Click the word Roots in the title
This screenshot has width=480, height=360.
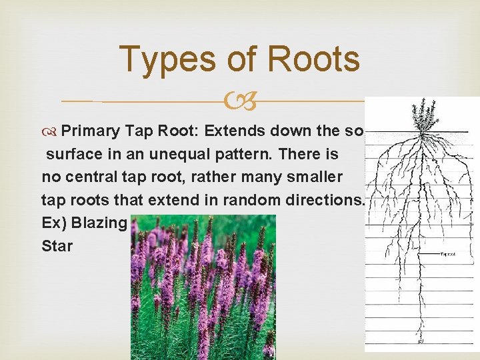pyautogui.click(x=311, y=59)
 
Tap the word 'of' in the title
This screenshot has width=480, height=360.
pyautogui.click(x=241, y=59)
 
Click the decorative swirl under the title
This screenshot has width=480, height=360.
pyautogui.click(x=240, y=101)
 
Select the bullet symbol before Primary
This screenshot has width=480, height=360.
pyautogui.click(x=51, y=131)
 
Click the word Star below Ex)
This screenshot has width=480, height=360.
pyautogui.click(x=57, y=245)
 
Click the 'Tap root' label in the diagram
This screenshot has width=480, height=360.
pyautogui.click(x=448, y=254)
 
